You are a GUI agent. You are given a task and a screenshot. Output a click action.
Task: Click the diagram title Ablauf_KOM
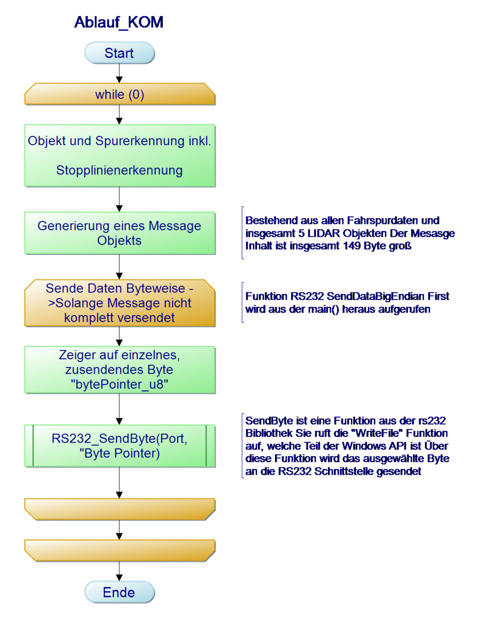(118, 22)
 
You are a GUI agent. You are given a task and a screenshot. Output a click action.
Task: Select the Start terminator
(119, 53)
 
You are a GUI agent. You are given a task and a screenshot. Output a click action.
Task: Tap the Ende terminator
(119, 592)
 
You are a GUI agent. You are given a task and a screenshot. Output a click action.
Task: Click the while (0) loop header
(119, 95)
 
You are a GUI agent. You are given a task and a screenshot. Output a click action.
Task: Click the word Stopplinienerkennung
(119, 170)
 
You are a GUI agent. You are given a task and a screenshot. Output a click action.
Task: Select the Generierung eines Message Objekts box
(119, 233)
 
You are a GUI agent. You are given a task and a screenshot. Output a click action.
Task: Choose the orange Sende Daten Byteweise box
(119, 303)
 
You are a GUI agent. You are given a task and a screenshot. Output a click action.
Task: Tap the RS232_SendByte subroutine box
(119, 446)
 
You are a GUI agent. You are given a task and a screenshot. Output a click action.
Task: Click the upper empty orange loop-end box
(119, 508)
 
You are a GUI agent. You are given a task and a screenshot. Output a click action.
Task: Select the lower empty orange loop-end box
(119, 550)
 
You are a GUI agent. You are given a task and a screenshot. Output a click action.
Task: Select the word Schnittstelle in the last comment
(347, 472)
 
